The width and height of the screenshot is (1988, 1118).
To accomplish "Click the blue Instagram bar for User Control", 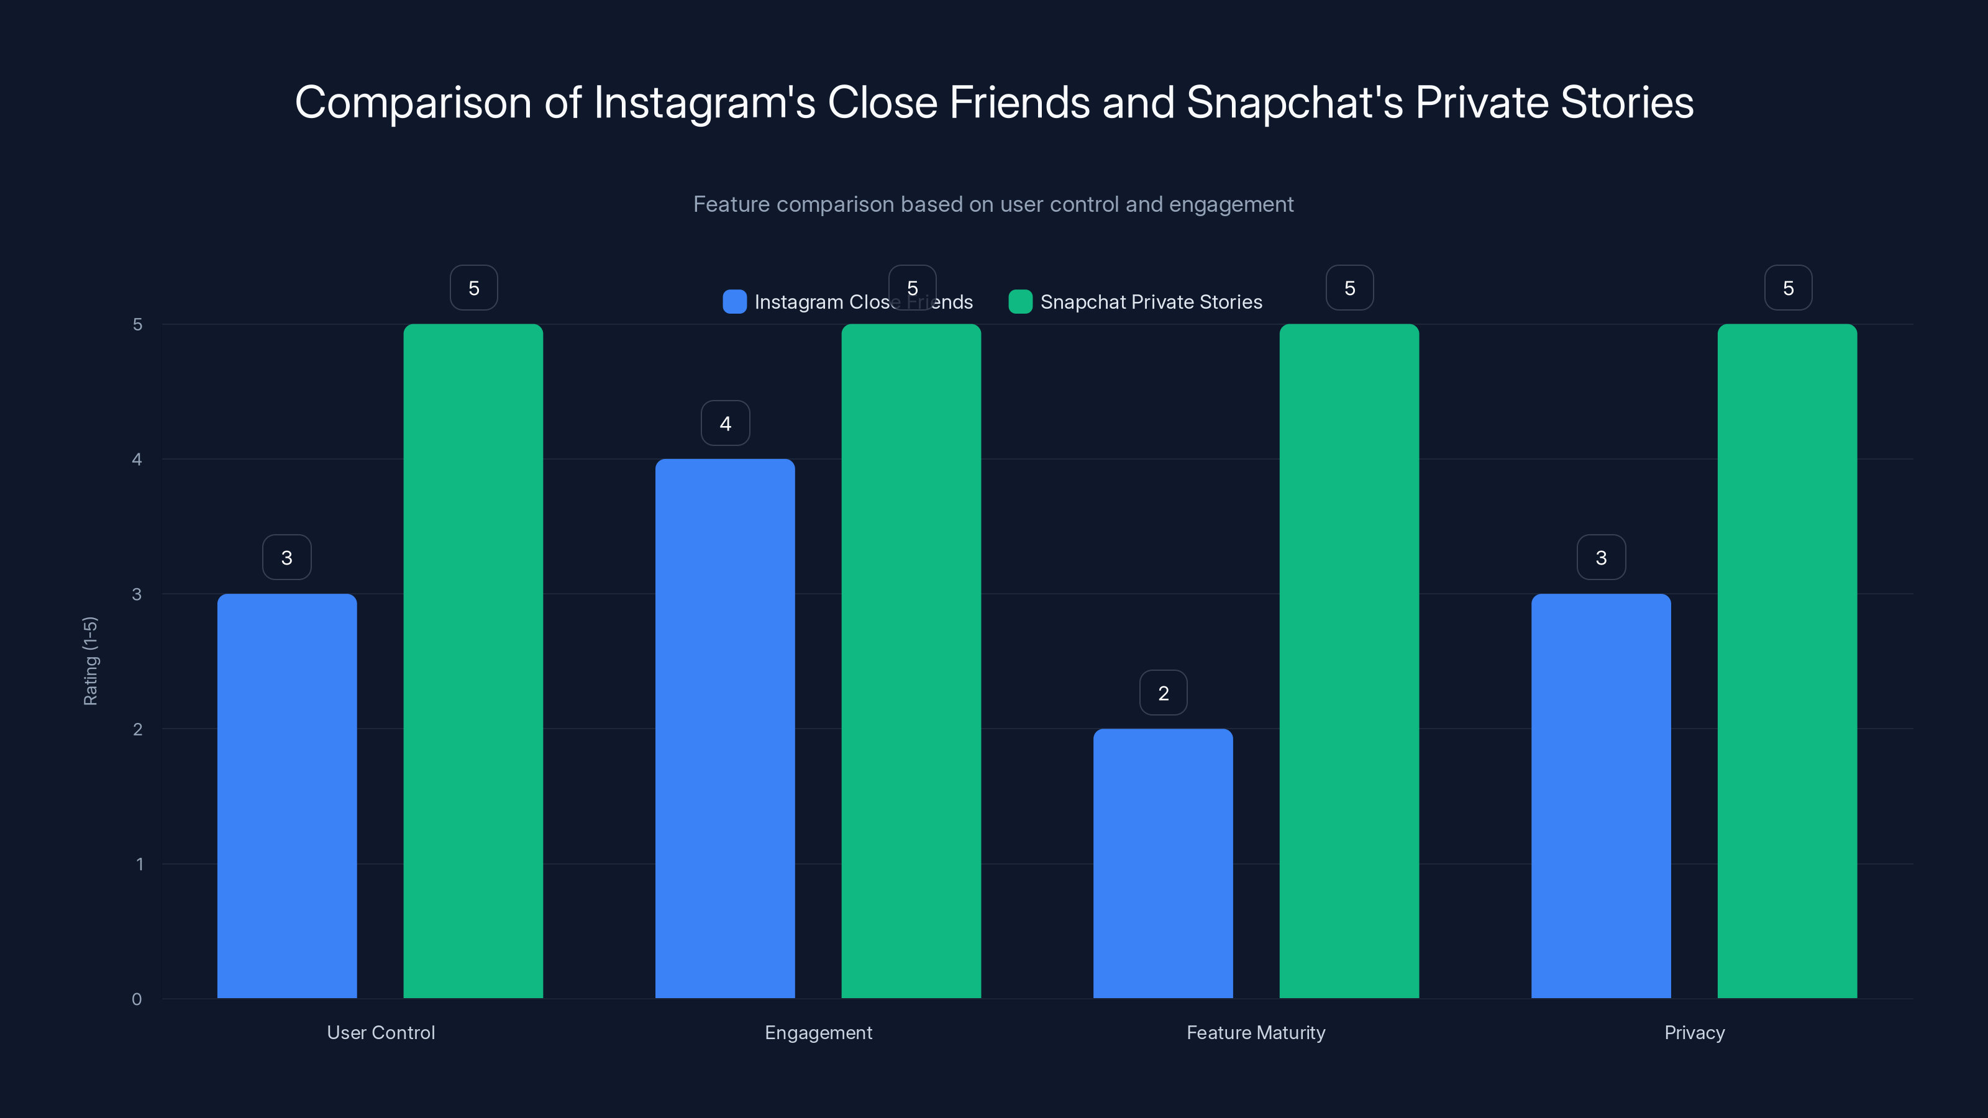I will pos(286,796).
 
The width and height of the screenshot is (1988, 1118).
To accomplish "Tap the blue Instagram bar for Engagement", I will pos(724,729).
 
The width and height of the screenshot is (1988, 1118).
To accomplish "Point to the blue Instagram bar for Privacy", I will pos(1600,796).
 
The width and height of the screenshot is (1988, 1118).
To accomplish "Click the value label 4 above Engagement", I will pos(724,423).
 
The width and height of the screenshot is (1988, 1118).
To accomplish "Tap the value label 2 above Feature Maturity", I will pos(1163,693).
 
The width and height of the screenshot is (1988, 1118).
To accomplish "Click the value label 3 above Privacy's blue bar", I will pos(1600,557).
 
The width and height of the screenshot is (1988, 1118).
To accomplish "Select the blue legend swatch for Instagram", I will pos(734,302).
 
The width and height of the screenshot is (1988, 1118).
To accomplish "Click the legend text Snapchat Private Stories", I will pos(1151,302).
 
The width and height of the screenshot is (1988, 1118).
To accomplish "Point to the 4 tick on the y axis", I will pos(137,459).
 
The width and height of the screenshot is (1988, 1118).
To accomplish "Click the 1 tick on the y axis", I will pos(140,864).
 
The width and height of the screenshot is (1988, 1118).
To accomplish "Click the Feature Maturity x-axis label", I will pos(1256,1032).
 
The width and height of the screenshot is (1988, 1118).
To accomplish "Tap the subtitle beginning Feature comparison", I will pos(993,204).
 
